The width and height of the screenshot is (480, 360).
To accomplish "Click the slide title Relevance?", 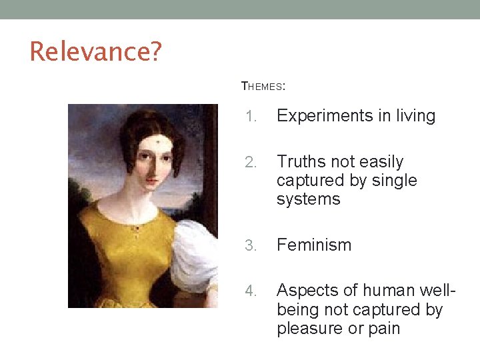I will (x=95, y=51).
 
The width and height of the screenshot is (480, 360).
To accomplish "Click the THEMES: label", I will (x=263, y=86).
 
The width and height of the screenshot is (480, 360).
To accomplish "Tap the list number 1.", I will (x=250, y=117).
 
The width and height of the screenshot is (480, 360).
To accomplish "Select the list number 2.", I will (x=250, y=163).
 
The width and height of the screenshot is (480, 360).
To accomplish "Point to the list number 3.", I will (x=250, y=245).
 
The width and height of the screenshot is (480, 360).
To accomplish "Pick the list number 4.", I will (x=250, y=291).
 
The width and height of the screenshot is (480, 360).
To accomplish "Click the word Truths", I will (x=299, y=162).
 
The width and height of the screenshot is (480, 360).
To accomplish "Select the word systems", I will (x=308, y=199).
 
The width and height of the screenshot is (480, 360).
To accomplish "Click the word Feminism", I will (x=313, y=245).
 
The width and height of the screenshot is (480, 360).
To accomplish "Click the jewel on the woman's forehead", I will (x=156, y=140).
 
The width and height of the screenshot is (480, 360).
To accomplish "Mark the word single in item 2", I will (x=394, y=181).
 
